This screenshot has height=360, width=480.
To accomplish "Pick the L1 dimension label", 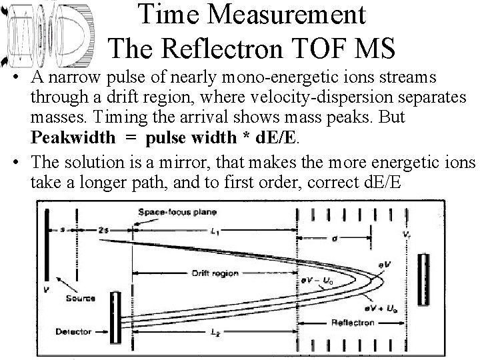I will click(x=215, y=230).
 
